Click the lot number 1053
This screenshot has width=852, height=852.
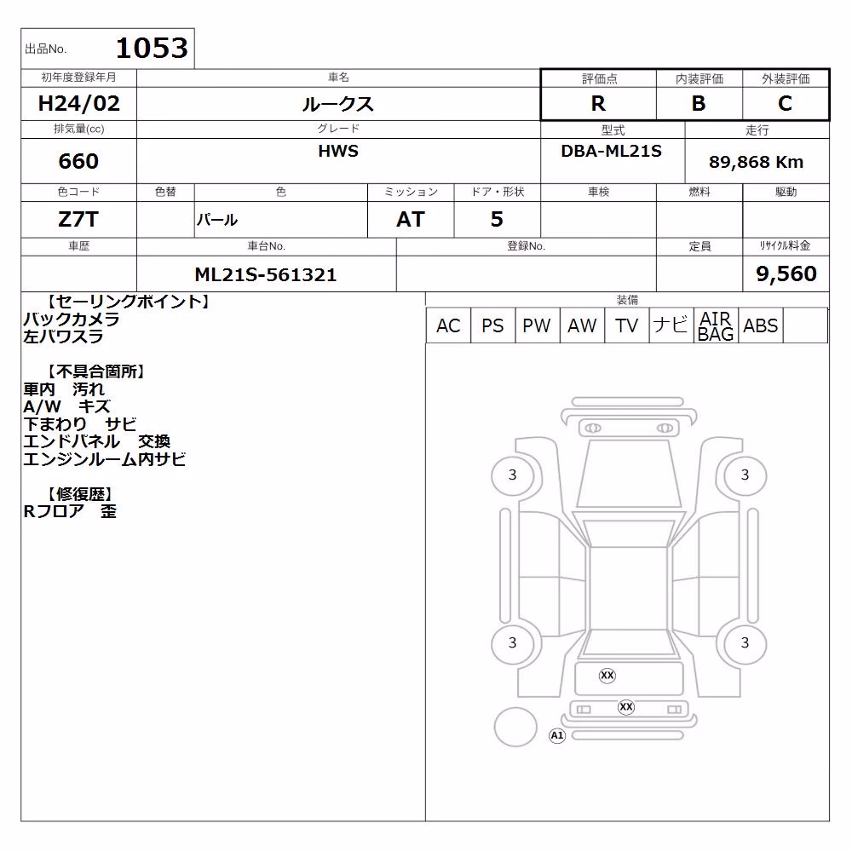[152, 48]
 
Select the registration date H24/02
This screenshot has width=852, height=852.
[78, 103]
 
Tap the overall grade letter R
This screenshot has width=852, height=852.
[598, 103]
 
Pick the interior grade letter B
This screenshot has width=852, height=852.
[699, 103]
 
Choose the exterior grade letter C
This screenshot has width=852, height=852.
[785, 103]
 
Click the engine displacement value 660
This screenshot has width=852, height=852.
[78, 161]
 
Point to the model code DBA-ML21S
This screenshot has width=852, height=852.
[611, 151]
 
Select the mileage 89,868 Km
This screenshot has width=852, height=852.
[756, 162]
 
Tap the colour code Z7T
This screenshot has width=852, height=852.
[78, 220]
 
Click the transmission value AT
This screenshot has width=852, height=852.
[411, 220]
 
